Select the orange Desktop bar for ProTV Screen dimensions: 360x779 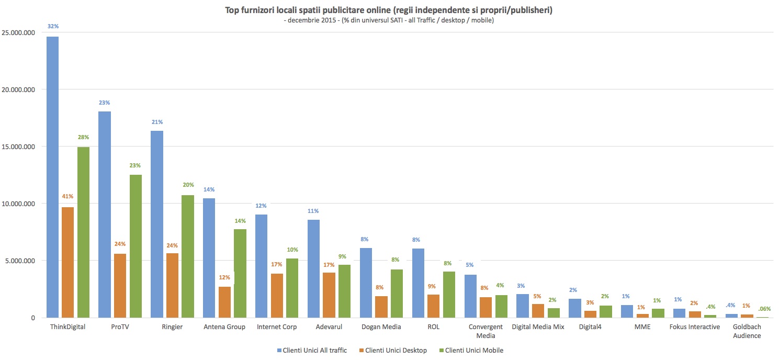pyautogui.click(x=120, y=286)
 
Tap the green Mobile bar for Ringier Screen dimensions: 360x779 pyautogui.click(x=187, y=256)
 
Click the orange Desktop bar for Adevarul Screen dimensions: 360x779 pyautogui.click(x=329, y=295)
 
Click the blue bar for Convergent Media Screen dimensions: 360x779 pyautogui.click(x=470, y=296)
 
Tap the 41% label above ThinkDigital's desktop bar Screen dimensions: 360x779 pyautogui.click(x=67, y=197)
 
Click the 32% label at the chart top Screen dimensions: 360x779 pyautogui.click(x=52, y=26)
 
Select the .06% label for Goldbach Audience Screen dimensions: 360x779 pyautogui.click(x=762, y=308)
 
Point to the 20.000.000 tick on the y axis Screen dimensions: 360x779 pyautogui.click(x=18, y=89)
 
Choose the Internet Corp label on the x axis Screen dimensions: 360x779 pyautogui.click(x=277, y=327)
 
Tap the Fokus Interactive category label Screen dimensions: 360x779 pyautogui.click(x=694, y=327)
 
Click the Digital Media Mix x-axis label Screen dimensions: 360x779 pyautogui.click(x=538, y=327)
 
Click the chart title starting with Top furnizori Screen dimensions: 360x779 pyautogui.click(x=389, y=10)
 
